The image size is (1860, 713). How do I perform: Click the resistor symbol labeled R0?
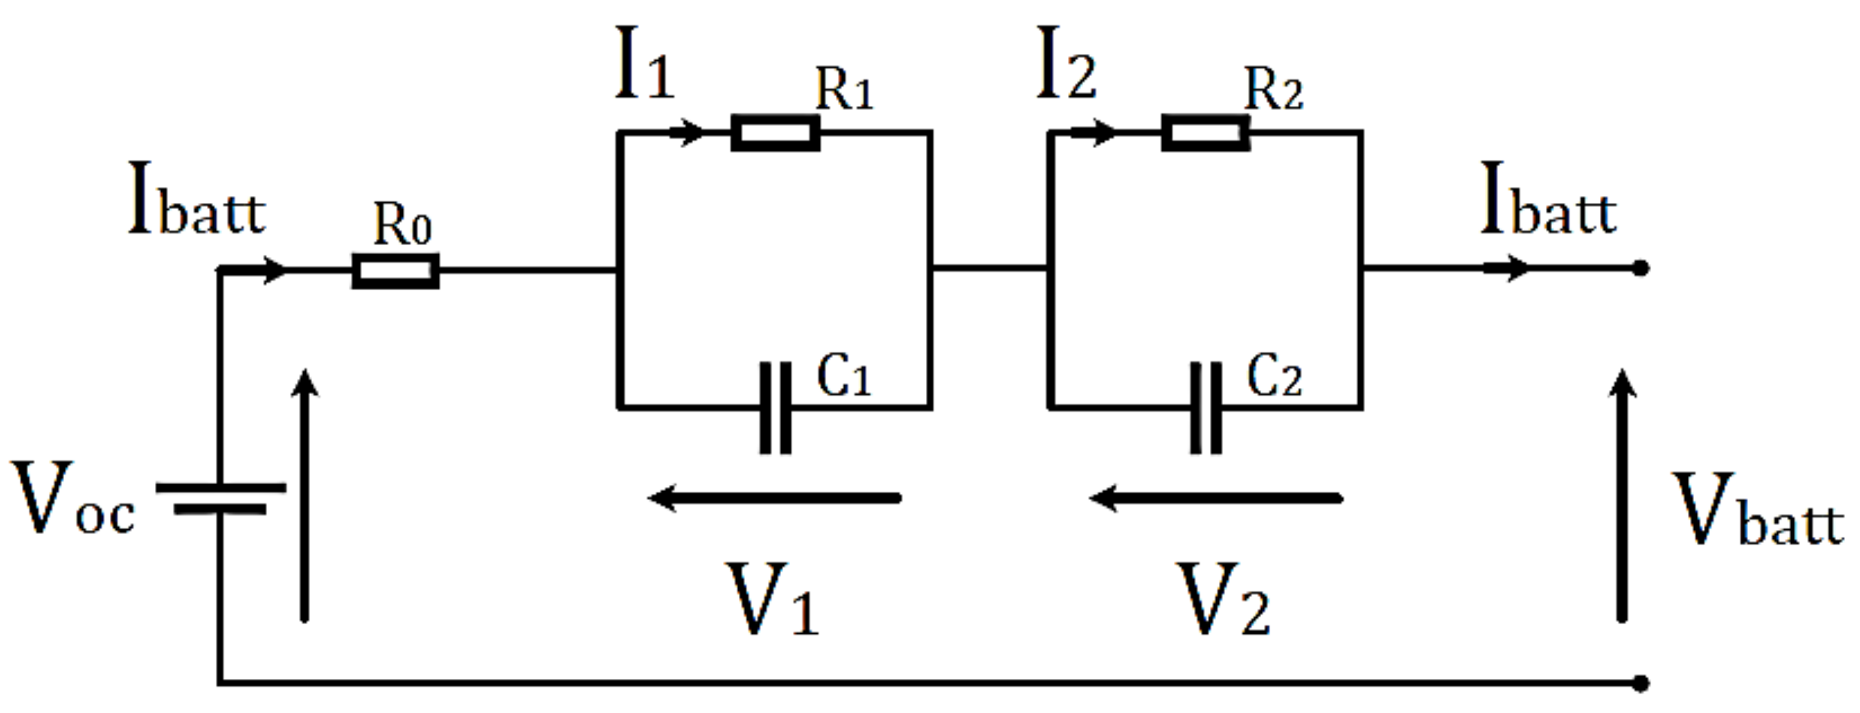[395, 271]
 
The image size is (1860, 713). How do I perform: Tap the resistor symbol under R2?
[1205, 133]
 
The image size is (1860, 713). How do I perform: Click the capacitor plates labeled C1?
[775, 408]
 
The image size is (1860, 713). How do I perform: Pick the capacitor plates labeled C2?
[1205, 408]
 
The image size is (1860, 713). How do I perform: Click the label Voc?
[72, 499]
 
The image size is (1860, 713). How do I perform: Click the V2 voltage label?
[1223, 600]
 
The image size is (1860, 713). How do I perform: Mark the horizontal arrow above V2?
[1216, 498]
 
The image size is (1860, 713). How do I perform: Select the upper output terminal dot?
[1641, 268]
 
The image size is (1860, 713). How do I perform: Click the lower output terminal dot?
[1641, 683]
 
